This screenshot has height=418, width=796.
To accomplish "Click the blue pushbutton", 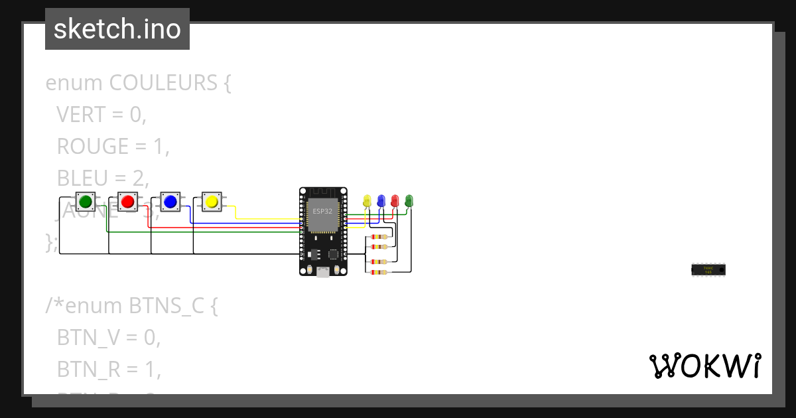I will coord(170,201).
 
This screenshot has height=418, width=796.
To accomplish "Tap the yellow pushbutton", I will coord(212,201).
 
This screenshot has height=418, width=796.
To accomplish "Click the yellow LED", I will coord(367,200).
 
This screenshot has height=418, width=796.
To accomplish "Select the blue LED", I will coord(381,200).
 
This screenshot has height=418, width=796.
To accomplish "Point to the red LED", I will coord(395,200).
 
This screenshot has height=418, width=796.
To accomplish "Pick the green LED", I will coord(409,200).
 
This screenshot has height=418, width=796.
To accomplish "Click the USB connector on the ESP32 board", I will coord(323,271).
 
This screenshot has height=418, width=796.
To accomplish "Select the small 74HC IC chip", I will coord(708,269).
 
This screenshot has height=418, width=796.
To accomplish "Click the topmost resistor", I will coord(379,237).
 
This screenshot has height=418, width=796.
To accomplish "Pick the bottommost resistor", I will coord(379,272).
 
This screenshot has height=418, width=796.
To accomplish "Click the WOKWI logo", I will coord(704,366).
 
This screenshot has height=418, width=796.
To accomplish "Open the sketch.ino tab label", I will coord(117,29).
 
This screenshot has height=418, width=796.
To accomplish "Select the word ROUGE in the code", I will coord(93,146).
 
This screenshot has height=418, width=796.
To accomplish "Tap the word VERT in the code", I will coord(81,115).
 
